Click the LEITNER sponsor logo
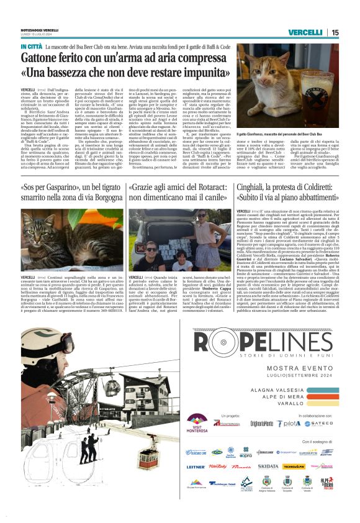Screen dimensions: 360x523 click(x=196, y=466)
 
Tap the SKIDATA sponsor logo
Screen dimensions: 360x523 click(x=268, y=466)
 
